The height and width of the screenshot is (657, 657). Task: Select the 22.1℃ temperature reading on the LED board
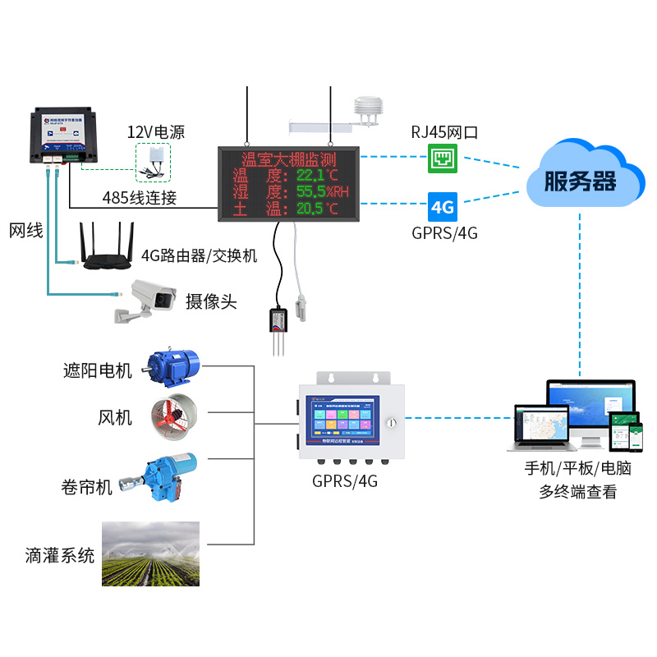coord(317,175)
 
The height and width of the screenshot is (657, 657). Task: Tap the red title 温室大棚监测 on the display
coord(288,159)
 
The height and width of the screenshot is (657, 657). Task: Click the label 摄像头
coord(211,301)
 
